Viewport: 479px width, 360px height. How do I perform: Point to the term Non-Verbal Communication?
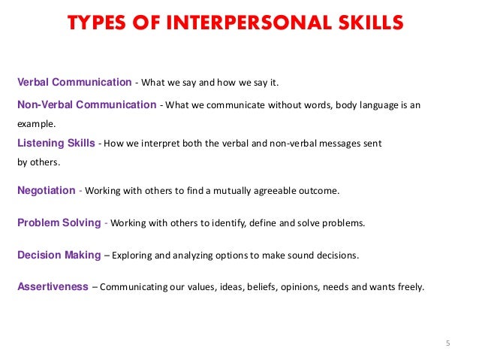(86, 105)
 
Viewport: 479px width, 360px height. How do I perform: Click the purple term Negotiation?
(46, 191)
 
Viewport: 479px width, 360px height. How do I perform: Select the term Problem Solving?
(59, 223)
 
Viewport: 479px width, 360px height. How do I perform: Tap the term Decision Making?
(59, 255)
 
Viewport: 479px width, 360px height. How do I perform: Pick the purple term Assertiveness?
(53, 286)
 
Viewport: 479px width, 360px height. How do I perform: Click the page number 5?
(447, 344)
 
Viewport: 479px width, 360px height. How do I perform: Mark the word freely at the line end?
(410, 287)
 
